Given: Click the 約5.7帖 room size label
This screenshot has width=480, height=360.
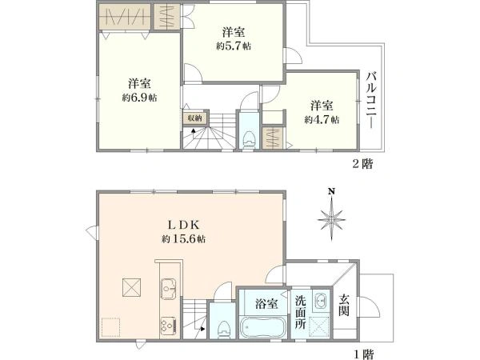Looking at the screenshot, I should pos(233,46).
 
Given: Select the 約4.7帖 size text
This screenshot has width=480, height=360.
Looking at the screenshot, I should pos(322,119).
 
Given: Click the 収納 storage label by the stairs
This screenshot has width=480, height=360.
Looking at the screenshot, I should pos(195,118).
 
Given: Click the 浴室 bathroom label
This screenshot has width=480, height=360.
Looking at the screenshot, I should pos(266,303).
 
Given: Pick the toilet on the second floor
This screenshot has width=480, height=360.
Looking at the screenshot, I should pos(248,138).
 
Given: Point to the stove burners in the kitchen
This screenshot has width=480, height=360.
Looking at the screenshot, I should pos(169,325).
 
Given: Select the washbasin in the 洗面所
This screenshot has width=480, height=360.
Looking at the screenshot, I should pos(320,302).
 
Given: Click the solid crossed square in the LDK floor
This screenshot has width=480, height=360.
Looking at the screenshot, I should pos(130,286).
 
